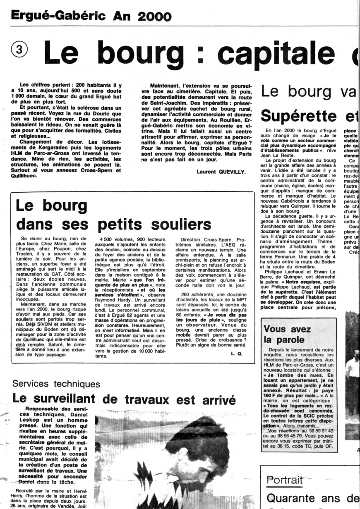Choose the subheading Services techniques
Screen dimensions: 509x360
(56, 384)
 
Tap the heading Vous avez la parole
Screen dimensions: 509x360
(287, 335)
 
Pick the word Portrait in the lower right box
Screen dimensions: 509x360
(285, 480)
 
